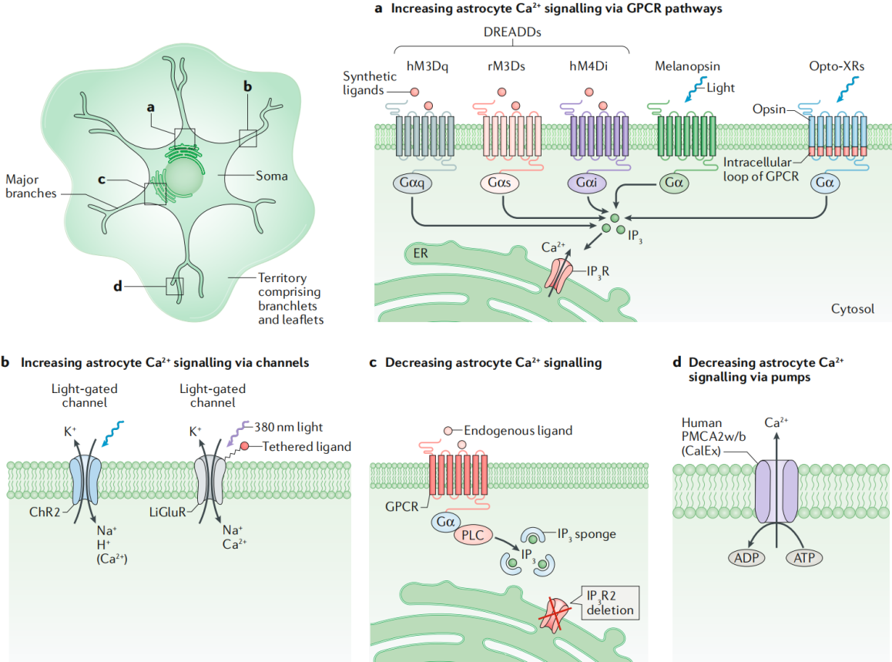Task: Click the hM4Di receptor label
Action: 589,66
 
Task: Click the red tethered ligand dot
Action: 244,446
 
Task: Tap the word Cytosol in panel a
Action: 853,308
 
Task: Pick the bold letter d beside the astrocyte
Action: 118,287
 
